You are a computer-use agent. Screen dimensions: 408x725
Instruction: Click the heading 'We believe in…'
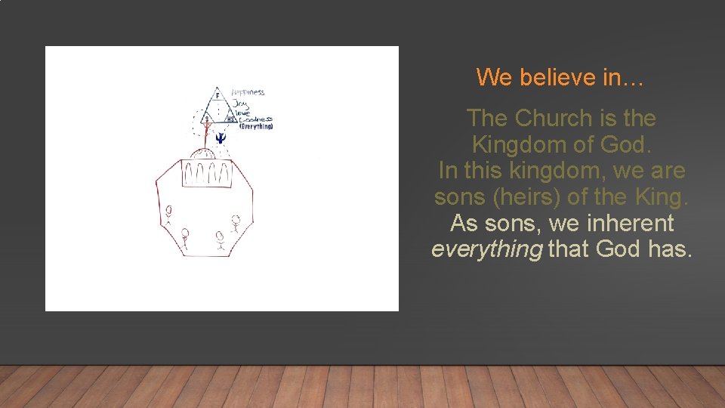(x=560, y=77)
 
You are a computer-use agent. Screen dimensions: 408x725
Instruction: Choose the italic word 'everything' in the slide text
(x=486, y=249)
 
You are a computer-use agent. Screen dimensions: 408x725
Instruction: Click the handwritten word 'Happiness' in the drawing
(x=248, y=92)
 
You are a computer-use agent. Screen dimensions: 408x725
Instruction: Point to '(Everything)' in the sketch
(x=256, y=126)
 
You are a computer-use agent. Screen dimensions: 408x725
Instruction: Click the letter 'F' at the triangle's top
(x=217, y=96)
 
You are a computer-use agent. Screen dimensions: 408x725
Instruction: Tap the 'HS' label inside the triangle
(x=231, y=119)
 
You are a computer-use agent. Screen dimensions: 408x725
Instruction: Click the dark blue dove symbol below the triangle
(x=220, y=138)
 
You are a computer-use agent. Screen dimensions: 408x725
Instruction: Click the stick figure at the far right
(x=236, y=224)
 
